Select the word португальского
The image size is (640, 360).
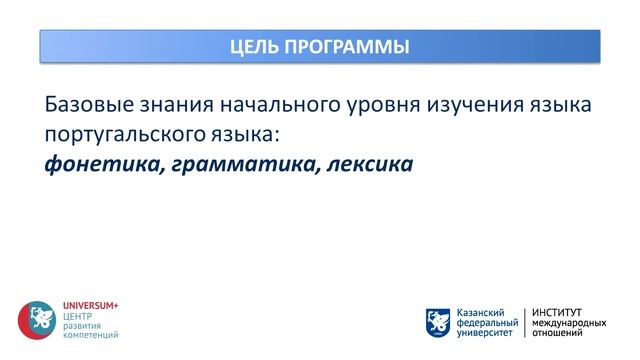131,133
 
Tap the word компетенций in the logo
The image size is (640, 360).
90,335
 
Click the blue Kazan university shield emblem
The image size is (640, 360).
437,322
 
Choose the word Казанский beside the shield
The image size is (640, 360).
481,312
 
